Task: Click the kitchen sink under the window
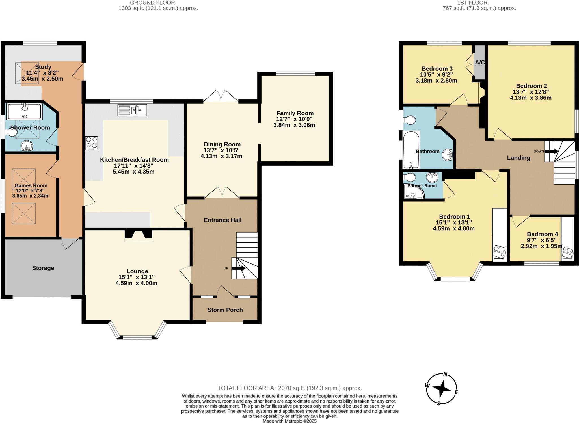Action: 132,110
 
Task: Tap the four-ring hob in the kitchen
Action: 91,143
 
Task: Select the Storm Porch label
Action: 225,310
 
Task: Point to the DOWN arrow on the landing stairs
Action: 551,152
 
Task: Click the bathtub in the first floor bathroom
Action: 411,150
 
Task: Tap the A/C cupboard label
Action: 480,62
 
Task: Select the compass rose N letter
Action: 446,375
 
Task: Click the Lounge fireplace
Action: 139,235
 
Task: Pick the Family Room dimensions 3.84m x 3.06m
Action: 294,125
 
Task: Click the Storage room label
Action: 43,268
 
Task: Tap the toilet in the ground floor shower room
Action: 11,133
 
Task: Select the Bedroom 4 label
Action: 542,234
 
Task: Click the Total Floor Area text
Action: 289,388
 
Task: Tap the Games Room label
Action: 31,185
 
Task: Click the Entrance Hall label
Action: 222,220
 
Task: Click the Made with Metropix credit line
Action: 289,421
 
